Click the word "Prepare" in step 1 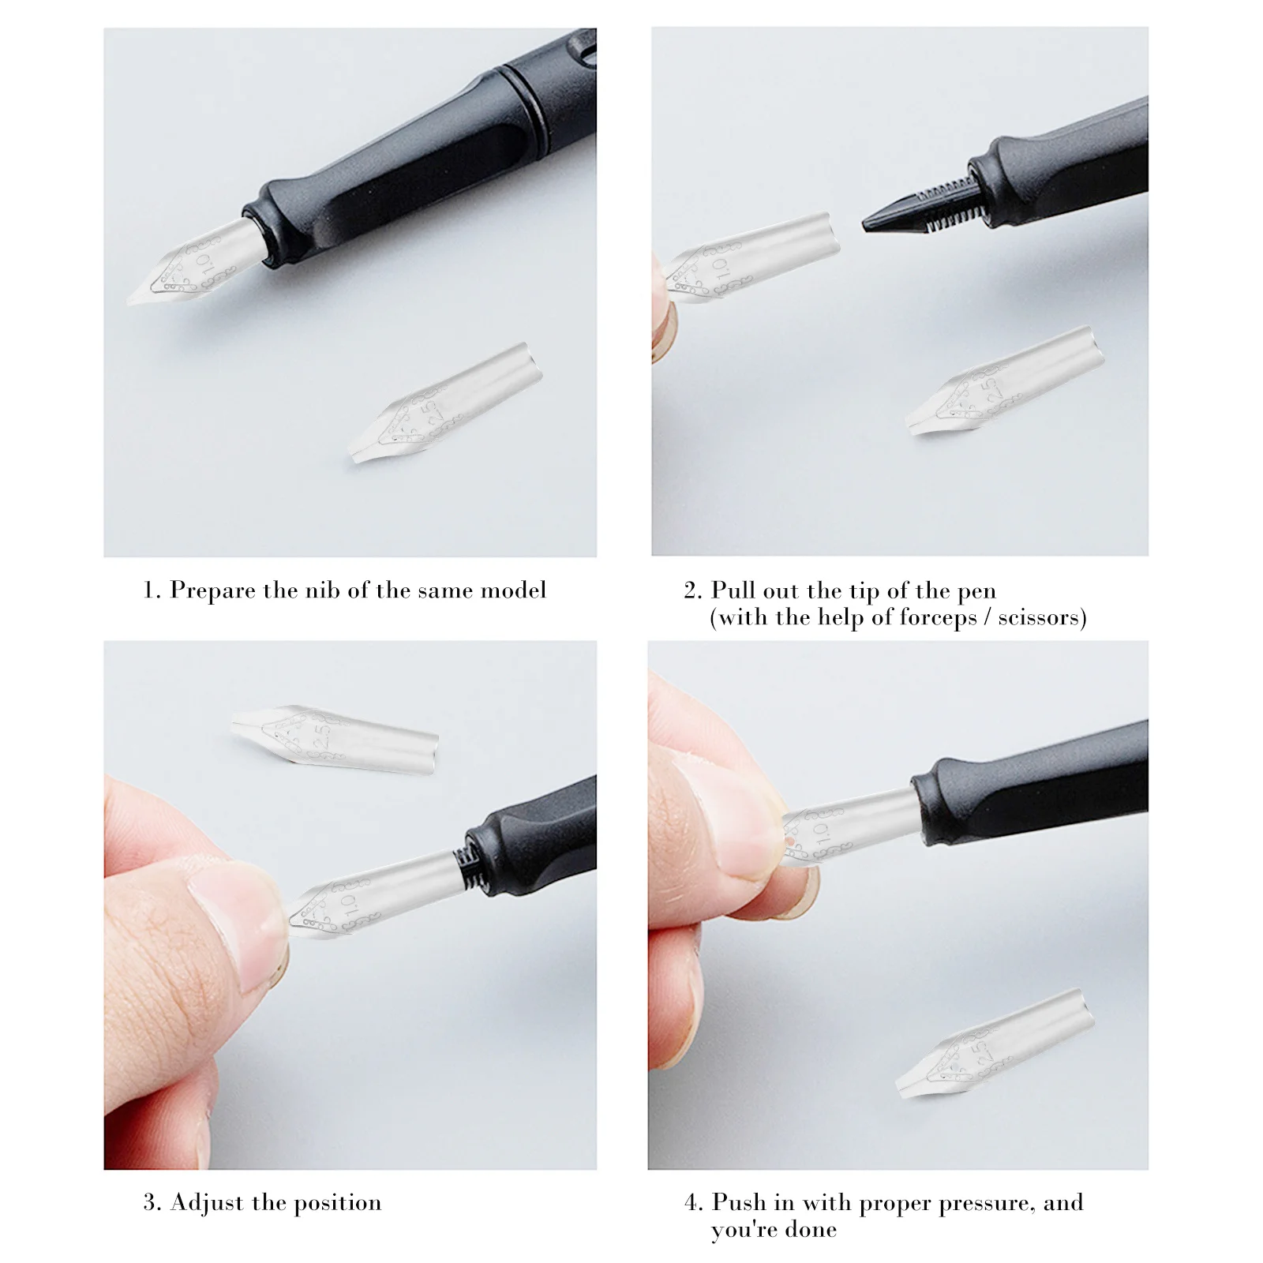click(212, 591)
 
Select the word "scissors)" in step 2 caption click(1042, 618)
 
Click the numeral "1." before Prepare click(152, 591)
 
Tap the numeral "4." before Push click(693, 1203)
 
